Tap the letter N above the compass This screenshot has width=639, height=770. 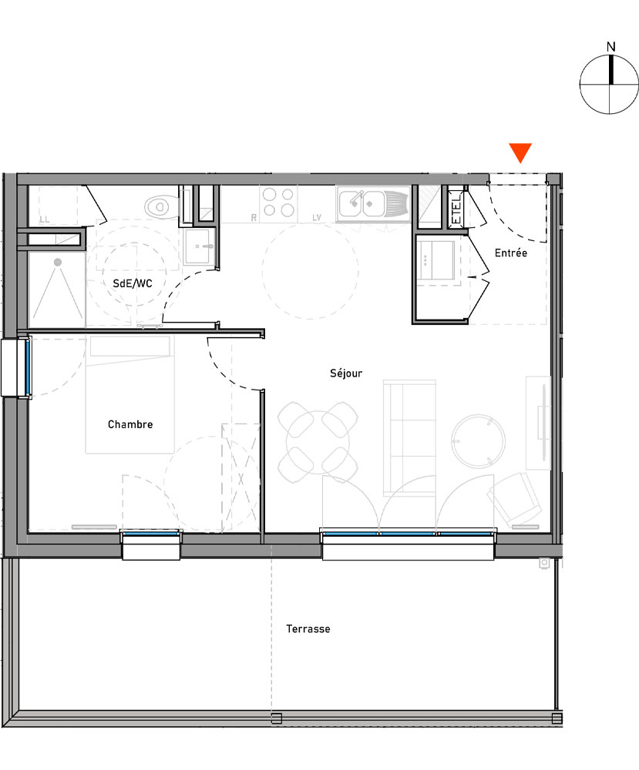pyautogui.click(x=611, y=47)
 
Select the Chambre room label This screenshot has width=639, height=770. pyautogui.click(x=130, y=424)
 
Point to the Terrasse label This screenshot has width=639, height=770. pyautogui.click(x=308, y=629)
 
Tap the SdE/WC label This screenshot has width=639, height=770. pyautogui.click(x=133, y=283)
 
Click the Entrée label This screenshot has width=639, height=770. pyautogui.click(x=511, y=253)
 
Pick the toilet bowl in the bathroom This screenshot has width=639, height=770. pyautogui.click(x=158, y=206)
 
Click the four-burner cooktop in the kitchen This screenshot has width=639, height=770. pyautogui.click(x=277, y=202)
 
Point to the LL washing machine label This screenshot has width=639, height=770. pyautogui.click(x=44, y=220)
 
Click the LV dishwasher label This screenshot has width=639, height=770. pyautogui.click(x=317, y=219)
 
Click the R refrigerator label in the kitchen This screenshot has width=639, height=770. pyautogui.click(x=254, y=219)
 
